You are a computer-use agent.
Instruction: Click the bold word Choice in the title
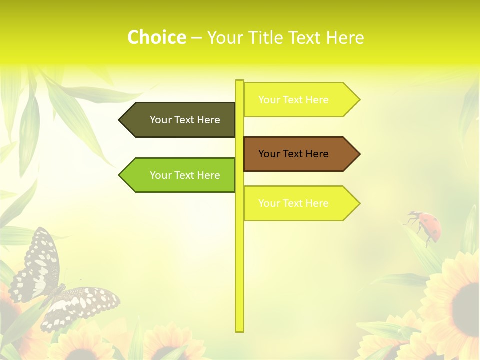click(156, 37)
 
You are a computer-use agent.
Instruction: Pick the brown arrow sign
click(300, 154)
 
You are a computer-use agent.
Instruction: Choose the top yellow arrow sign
click(300, 99)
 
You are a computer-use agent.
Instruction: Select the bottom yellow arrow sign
click(300, 203)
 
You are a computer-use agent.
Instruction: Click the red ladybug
click(427, 226)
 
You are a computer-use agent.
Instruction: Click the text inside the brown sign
click(293, 154)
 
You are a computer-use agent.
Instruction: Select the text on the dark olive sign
click(185, 120)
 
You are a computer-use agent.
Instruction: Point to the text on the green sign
click(185, 175)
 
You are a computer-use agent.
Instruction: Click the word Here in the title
click(345, 37)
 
